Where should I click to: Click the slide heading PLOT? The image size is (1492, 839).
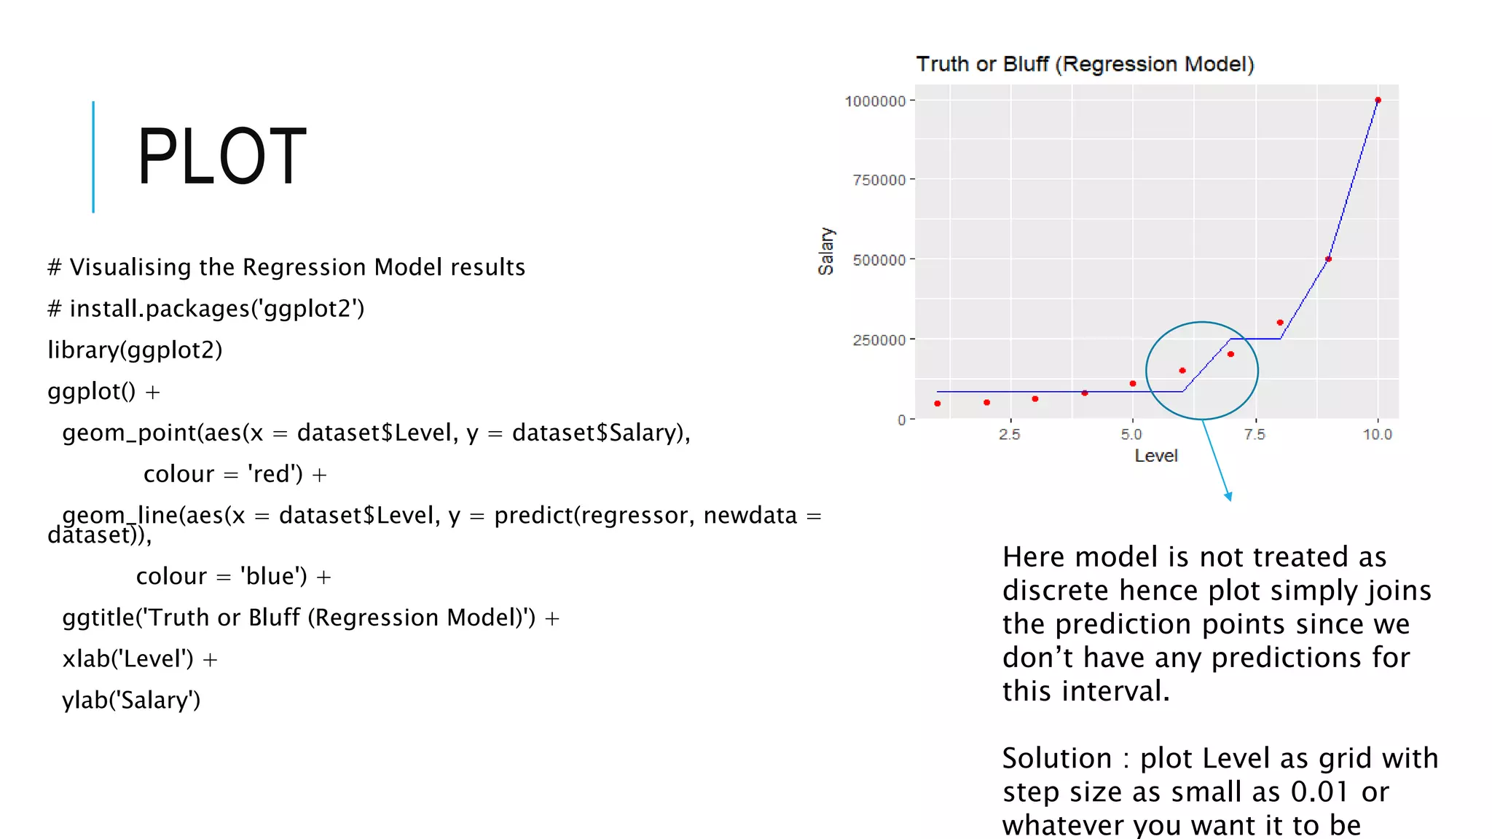(221, 157)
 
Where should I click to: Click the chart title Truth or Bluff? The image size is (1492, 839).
(1085, 64)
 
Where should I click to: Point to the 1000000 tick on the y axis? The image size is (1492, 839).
(875, 101)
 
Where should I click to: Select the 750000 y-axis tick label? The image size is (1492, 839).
(879, 180)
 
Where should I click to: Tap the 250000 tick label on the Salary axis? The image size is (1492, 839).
(879, 340)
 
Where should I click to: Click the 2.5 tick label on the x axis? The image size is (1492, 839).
(1009, 435)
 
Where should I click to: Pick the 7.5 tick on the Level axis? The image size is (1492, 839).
(1255, 435)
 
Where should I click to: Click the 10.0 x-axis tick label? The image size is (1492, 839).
(1377, 435)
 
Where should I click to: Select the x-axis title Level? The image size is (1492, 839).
(1156, 456)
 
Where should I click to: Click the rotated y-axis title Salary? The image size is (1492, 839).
(826, 251)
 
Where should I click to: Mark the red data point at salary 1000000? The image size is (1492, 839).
(1378, 101)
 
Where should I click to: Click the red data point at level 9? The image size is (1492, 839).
(1329, 259)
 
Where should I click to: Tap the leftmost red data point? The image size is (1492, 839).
(938, 403)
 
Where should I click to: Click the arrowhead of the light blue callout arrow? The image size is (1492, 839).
(1229, 497)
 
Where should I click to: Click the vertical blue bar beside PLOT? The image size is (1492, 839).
(93, 157)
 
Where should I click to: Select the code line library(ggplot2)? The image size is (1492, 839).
(135, 350)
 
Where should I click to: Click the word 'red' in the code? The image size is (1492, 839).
(275, 474)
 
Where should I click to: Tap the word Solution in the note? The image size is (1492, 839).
(1056, 758)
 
